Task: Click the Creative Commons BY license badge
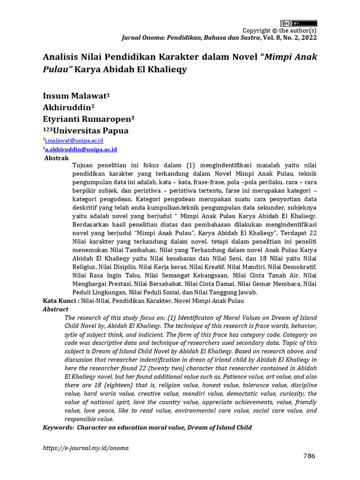pos(299,23)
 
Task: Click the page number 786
pos(308,456)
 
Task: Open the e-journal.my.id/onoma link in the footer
pos(85,448)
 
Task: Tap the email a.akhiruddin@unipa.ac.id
pos(81,149)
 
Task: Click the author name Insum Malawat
pos(75,96)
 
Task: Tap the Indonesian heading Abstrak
pos(56,158)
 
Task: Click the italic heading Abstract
pos(55,309)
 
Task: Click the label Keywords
pos(58,427)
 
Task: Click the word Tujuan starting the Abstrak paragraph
pos(84,166)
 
